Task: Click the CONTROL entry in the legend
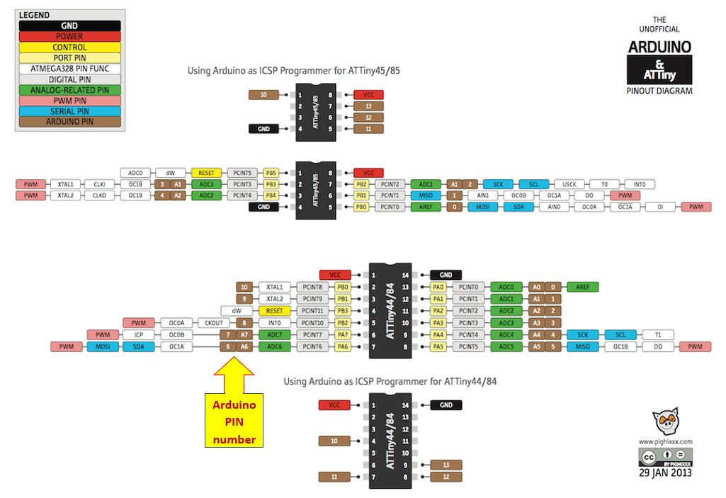(68, 47)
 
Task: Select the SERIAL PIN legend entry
(68, 111)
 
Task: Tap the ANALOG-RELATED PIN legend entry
(68, 90)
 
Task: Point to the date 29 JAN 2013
(666, 472)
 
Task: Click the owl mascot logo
(665, 423)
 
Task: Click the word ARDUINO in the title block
(659, 47)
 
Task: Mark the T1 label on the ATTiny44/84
(658, 334)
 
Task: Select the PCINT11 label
(312, 310)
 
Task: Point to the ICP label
(138, 334)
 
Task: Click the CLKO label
(99, 196)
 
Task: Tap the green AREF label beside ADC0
(582, 287)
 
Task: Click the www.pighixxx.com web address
(665, 441)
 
